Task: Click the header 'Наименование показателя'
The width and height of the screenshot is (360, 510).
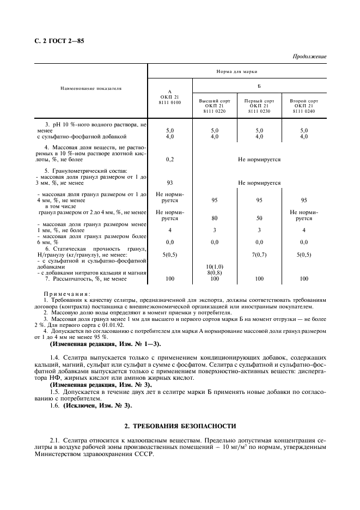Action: pos(91,87)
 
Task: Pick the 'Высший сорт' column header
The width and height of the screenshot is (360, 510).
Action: pos(214,101)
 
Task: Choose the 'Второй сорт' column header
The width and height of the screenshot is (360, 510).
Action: pos(304,101)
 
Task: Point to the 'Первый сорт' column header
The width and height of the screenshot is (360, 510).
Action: pos(259,101)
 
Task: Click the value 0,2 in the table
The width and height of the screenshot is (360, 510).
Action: pos(169,160)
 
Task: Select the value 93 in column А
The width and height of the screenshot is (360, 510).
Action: pos(169,183)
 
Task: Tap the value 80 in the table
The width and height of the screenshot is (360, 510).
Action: pos(214,218)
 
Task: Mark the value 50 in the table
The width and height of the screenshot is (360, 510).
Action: pos(259,218)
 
